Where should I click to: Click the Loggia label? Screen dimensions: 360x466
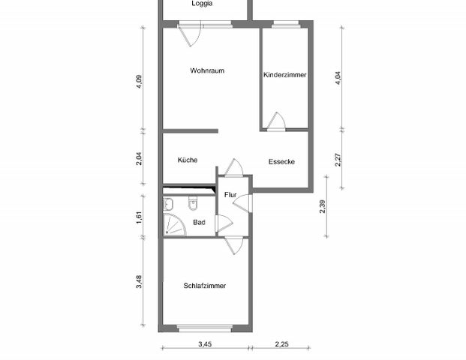pyautogui.click(x=202, y=4)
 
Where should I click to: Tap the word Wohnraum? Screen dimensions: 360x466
pyautogui.click(x=208, y=71)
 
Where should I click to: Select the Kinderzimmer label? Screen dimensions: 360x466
pyautogui.click(x=284, y=75)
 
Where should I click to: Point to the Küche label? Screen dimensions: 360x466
pyautogui.click(x=188, y=160)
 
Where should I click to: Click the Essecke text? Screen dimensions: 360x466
pyautogui.click(x=281, y=161)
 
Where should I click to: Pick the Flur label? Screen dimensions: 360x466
pyautogui.click(x=230, y=195)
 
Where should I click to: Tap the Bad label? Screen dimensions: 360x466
pyautogui.click(x=199, y=223)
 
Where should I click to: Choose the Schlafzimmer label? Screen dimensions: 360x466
pyautogui.click(x=205, y=286)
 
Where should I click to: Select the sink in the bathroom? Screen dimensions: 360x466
pyautogui.click(x=168, y=203)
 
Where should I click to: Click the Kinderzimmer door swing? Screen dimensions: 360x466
pyautogui.click(x=277, y=121)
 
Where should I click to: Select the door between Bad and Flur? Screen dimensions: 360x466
pyautogui.click(x=224, y=224)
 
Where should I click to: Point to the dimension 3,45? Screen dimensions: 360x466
pyautogui.click(x=204, y=344)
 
